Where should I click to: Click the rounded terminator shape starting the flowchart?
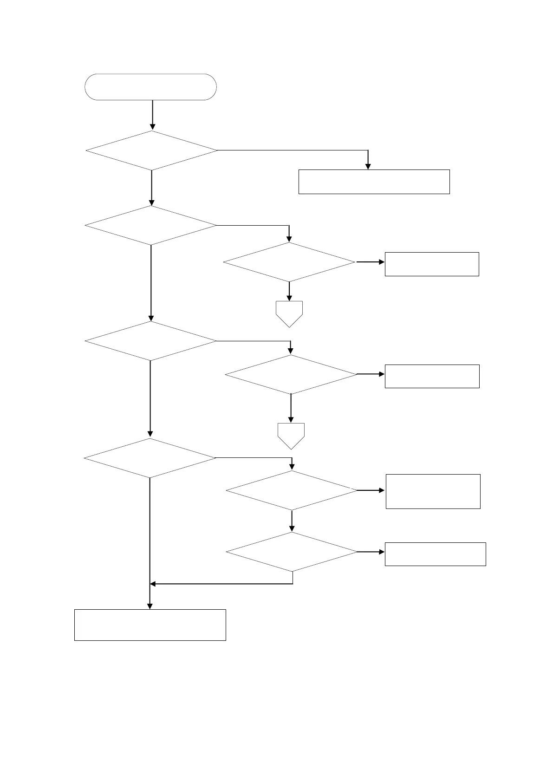[x=150, y=87]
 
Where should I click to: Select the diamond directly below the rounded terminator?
[x=151, y=150]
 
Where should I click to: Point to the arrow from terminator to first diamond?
[x=152, y=115]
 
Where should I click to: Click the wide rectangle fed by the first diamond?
[x=374, y=182]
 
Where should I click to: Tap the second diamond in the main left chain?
[x=151, y=225]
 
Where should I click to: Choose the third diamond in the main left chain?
[x=150, y=341]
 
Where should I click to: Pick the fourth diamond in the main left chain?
[x=150, y=458]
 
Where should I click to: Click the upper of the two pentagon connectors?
[x=289, y=313]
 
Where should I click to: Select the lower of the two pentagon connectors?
[x=291, y=435]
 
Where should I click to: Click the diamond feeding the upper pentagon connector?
[x=289, y=262]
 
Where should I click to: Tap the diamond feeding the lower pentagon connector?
[x=291, y=374]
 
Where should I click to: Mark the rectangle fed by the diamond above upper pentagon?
[x=432, y=264]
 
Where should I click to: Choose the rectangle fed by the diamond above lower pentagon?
[x=432, y=376]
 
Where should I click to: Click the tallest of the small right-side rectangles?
[x=433, y=491]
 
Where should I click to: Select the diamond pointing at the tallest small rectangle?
[x=292, y=490]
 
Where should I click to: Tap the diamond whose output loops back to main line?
[x=292, y=552]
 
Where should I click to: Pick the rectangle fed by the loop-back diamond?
[x=436, y=554]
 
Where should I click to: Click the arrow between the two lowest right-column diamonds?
[x=292, y=521]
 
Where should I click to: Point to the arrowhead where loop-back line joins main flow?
[x=153, y=584]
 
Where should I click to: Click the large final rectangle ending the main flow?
[x=150, y=625]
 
